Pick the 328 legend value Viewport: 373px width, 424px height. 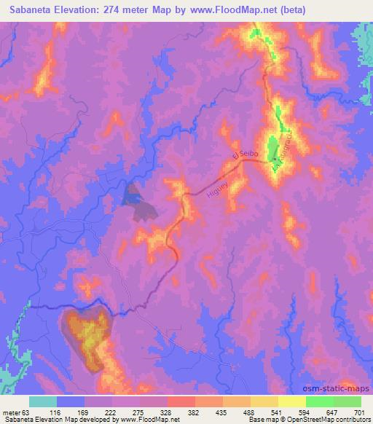[168, 412]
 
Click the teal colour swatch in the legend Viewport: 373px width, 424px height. [43, 401]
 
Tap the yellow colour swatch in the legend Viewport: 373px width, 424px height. [292, 401]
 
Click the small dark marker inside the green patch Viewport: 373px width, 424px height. [272, 155]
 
